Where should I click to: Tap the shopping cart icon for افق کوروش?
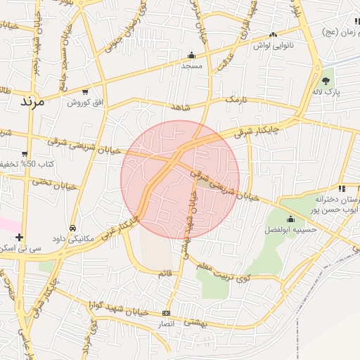tap(86, 91)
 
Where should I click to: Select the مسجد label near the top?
tap(191, 65)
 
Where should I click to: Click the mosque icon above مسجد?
tap(191, 56)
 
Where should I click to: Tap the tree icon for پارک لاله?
tap(326, 81)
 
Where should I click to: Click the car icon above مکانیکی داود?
tap(73, 228)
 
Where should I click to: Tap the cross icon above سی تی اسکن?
tap(19, 238)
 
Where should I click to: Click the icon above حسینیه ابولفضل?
tap(291, 219)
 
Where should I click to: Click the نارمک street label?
tap(236, 101)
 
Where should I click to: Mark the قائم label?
tap(165, 273)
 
